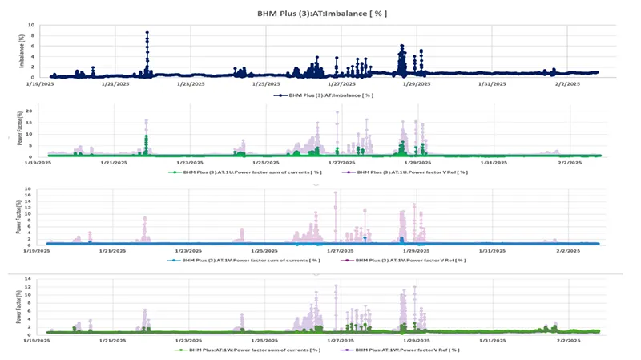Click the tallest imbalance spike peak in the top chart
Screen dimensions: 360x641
[x=147, y=33]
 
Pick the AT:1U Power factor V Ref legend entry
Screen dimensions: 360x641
[x=406, y=172]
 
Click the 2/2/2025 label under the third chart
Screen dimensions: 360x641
[x=566, y=250]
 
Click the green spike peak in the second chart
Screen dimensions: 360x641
[x=147, y=137]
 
